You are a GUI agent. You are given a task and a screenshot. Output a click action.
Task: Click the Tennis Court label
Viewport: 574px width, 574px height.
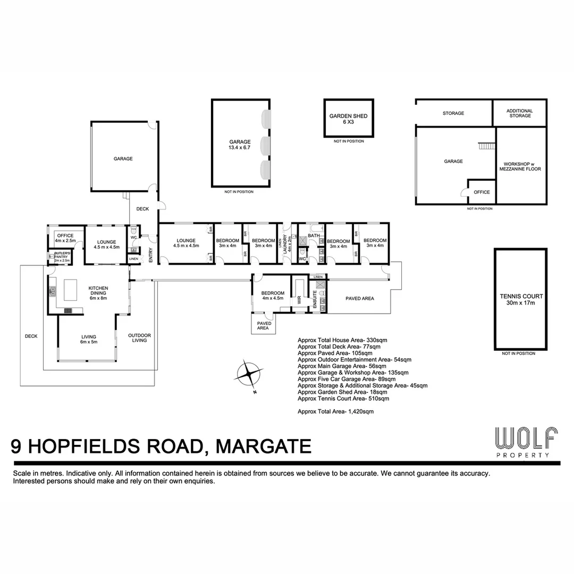tap(520, 299)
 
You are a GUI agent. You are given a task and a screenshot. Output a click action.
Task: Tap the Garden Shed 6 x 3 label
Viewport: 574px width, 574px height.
tap(348, 119)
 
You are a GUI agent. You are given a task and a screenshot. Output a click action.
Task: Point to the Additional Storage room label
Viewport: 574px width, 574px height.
tap(520, 113)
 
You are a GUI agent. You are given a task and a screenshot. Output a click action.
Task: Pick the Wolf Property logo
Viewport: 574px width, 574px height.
tap(526, 442)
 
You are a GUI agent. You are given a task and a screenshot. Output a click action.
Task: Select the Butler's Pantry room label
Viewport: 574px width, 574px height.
tap(62, 257)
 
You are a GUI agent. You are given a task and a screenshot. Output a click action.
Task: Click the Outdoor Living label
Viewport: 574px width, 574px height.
tap(139, 337)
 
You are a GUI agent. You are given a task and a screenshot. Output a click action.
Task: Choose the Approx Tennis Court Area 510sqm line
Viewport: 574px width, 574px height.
tap(343, 398)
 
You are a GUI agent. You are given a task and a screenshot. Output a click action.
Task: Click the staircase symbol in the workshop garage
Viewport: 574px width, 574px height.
tap(487, 145)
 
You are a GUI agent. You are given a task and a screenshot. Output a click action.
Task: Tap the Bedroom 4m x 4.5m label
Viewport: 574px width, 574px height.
tap(273, 296)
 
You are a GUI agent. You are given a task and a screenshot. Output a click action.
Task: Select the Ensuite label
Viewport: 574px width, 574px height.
tap(315, 299)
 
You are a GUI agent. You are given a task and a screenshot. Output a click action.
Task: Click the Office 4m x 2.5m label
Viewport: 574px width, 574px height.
tap(65, 238)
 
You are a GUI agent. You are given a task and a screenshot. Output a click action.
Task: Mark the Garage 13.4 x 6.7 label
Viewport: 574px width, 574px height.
tap(240, 145)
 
